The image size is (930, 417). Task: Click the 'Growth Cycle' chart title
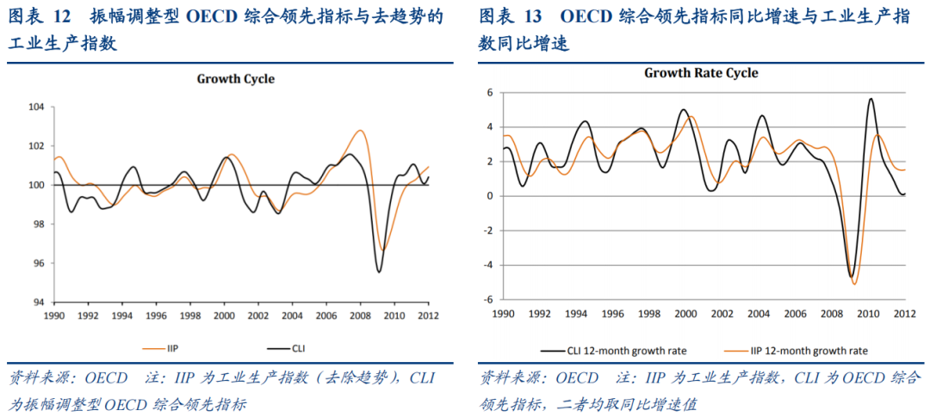tap(236, 79)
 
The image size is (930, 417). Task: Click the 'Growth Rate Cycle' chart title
tap(701, 73)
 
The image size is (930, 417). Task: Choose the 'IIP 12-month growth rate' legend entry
tap(802, 351)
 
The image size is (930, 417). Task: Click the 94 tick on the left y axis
tap(37, 303)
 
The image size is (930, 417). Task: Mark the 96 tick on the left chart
tap(37, 264)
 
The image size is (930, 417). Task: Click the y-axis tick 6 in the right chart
tap(489, 92)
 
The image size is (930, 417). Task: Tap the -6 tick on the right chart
tap(487, 300)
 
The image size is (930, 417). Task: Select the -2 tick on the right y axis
tap(487, 230)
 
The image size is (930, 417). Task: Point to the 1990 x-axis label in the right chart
tap(503, 313)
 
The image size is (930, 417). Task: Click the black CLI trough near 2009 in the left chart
tap(379, 273)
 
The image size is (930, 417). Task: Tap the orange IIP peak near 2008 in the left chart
tap(360, 131)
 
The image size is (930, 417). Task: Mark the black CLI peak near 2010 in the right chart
tap(871, 99)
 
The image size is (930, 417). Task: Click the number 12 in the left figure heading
tap(65, 16)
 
